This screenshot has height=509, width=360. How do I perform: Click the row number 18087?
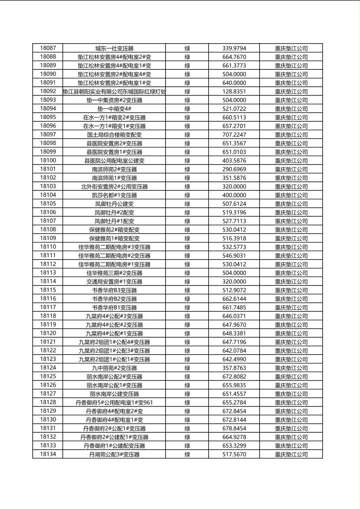(48, 48)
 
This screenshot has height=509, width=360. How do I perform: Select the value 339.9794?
(234, 48)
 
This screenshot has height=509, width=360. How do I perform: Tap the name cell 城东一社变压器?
(114, 48)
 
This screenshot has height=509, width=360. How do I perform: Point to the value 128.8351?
(234, 92)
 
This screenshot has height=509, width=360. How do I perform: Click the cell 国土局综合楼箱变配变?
(114, 135)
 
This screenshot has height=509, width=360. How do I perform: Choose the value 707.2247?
(234, 135)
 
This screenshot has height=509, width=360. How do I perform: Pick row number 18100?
(48, 161)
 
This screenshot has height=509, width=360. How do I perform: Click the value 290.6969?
(234, 169)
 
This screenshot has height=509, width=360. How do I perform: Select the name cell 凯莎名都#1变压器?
(114, 195)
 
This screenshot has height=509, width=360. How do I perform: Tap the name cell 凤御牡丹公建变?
(114, 204)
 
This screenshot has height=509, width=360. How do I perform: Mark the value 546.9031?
(234, 255)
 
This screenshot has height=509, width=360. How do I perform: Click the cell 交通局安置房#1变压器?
(114, 282)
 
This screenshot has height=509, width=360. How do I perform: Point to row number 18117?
(48, 307)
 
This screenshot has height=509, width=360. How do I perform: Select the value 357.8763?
(234, 368)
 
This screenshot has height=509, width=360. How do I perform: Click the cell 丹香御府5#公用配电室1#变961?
(114, 403)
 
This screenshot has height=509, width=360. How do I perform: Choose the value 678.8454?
(234, 428)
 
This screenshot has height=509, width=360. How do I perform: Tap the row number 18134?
(48, 454)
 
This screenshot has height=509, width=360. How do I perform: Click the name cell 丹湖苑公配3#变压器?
(114, 455)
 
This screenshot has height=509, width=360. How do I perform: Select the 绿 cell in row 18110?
(187, 247)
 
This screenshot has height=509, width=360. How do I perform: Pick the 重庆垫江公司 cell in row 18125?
(291, 377)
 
